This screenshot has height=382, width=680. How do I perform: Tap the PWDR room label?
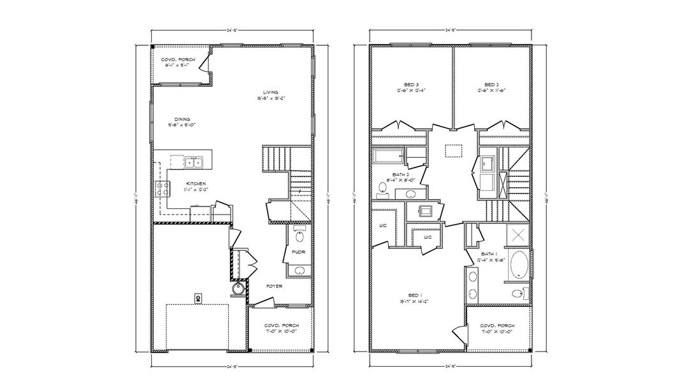pyautogui.click(x=298, y=253)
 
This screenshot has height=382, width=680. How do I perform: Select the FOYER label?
pyautogui.click(x=274, y=286)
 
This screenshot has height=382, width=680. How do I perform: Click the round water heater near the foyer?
pyautogui.click(x=238, y=289)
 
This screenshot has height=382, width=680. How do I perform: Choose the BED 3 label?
pyautogui.click(x=412, y=84)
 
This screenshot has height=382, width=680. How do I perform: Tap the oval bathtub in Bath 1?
pyautogui.click(x=517, y=265)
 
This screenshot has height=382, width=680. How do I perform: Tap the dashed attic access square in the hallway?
pyautogui.click(x=453, y=151)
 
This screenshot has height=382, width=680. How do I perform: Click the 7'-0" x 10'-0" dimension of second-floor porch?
pyautogui.click(x=498, y=331)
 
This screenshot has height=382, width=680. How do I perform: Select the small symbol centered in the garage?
pyautogui.click(x=198, y=297)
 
